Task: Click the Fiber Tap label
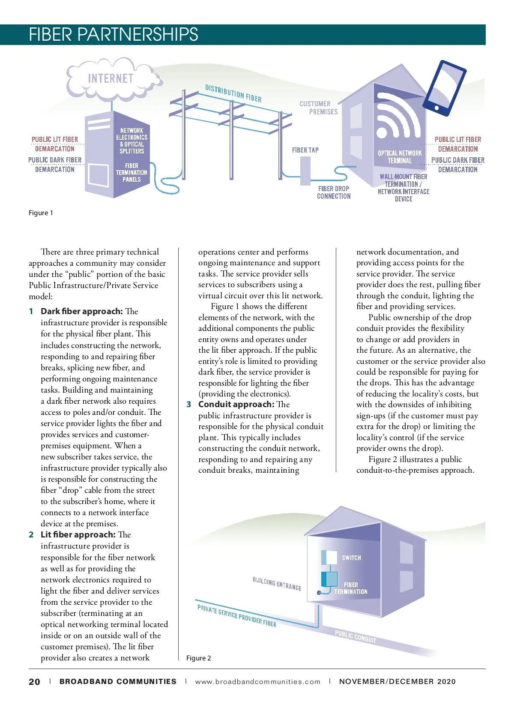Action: (x=305, y=150)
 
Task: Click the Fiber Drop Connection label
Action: (x=334, y=192)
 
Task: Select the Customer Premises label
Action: (x=318, y=108)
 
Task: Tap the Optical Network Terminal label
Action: (x=400, y=157)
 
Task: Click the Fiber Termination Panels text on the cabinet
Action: (x=131, y=172)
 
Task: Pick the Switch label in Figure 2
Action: (x=351, y=558)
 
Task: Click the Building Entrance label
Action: (x=277, y=584)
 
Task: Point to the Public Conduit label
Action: (x=356, y=637)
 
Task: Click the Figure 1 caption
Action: (x=41, y=213)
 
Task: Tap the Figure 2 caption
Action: (x=198, y=658)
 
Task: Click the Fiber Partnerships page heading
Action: (x=114, y=34)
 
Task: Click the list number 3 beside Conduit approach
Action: (x=189, y=405)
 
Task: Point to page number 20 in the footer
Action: (x=34, y=682)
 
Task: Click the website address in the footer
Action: (x=257, y=682)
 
